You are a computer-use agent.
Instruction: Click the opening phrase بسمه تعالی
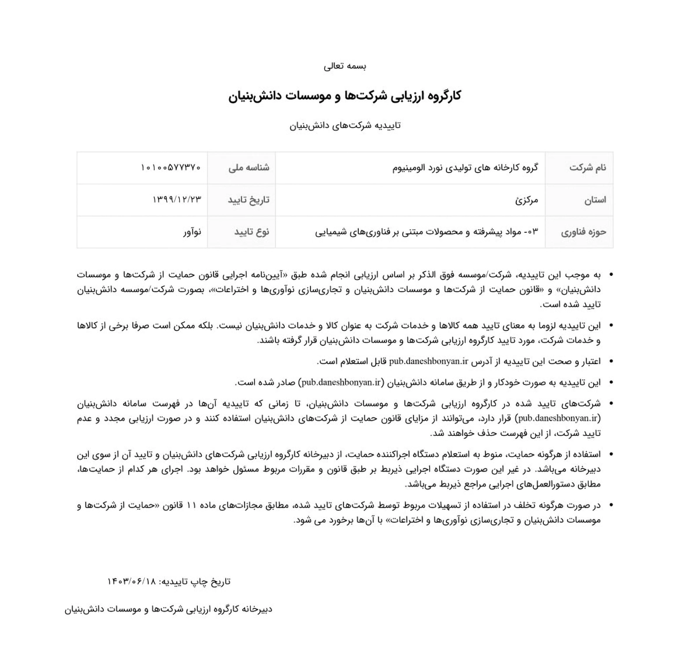click(345, 66)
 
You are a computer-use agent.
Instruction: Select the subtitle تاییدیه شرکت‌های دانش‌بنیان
click(345, 125)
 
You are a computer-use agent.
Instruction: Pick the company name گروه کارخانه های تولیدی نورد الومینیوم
click(465, 168)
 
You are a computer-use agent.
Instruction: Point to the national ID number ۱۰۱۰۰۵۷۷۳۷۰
click(171, 168)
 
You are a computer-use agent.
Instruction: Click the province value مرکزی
click(527, 200)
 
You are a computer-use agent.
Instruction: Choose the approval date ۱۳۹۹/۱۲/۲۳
click(177, 199)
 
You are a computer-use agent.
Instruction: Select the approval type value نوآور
click(192, 232)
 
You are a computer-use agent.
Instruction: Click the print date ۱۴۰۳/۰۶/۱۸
click(132, 582)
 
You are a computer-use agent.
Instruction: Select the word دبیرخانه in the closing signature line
click(254, 610)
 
